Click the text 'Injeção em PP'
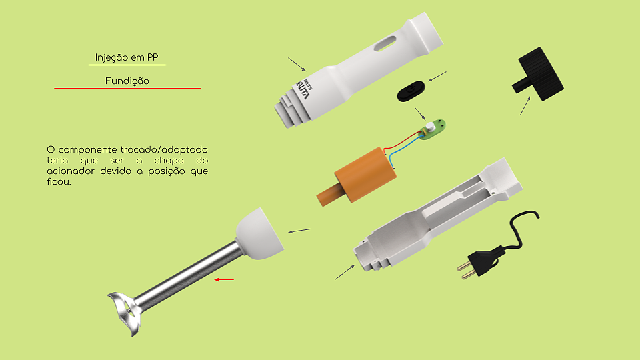(x=127, y=57)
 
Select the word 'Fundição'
(x=127, y=81)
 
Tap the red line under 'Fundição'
(x=127, y=88)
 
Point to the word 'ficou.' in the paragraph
(x=59, y=181)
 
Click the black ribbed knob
(x=538, y=74)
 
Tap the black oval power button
(x=411, y=91)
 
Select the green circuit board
(x=433, y=129)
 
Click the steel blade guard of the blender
(x=124, y=312)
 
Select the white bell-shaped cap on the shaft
(x=259, y=234)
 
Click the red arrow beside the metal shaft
(x=224, y=279)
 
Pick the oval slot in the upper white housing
(x=385, y=43)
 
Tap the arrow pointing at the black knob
(x=525, y=106)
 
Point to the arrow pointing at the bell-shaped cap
(x=299, y=231)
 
